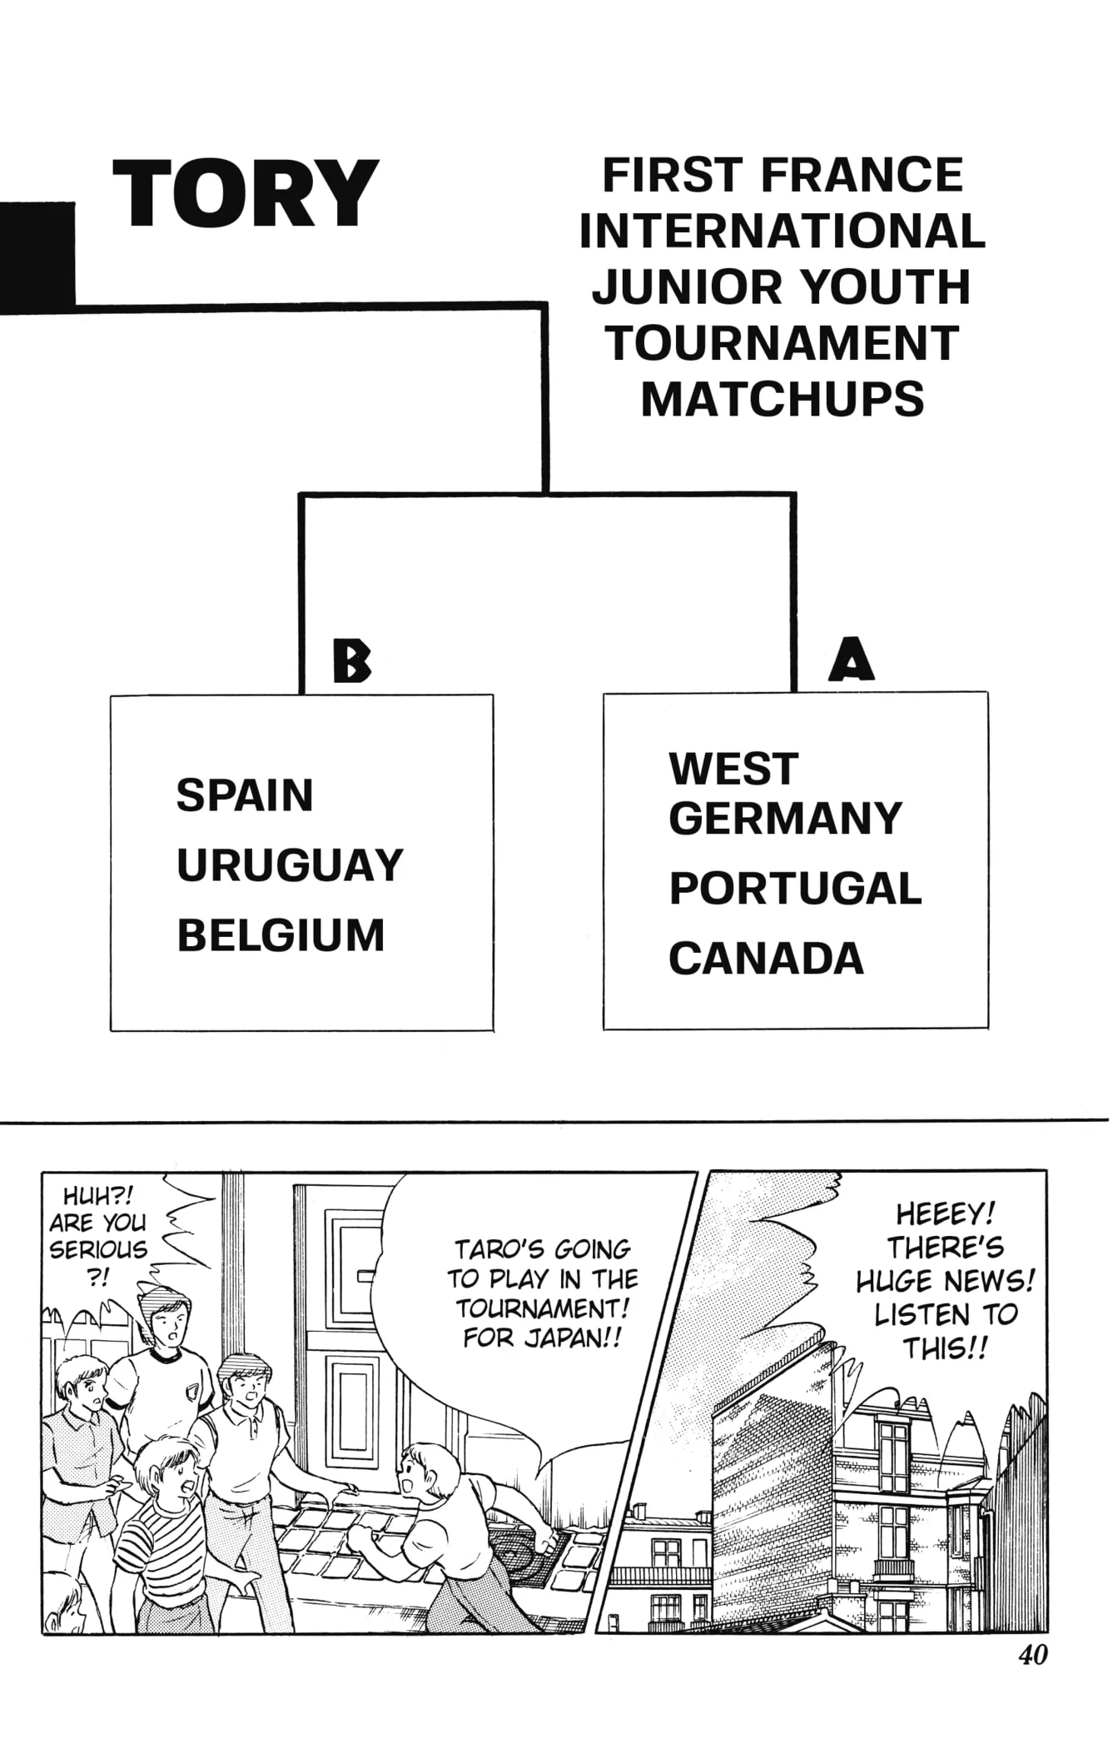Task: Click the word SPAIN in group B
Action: pos(245,795)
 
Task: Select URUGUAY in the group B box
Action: pos(290,865)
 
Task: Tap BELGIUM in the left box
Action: pos(281,935)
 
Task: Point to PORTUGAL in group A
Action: pos(795,889)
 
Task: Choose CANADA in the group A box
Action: pos(766,959)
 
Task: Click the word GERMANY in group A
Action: pos(785,818)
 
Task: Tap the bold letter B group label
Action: pos(351,661)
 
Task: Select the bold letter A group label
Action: pos(851,659)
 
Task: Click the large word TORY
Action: pos(246,193)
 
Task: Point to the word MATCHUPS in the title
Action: pos(783,398)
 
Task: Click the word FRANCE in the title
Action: pos(862,175)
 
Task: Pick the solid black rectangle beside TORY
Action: pos(37,257)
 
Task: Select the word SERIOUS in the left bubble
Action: pos(97,1249)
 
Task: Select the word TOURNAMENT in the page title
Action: pos(783,342)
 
